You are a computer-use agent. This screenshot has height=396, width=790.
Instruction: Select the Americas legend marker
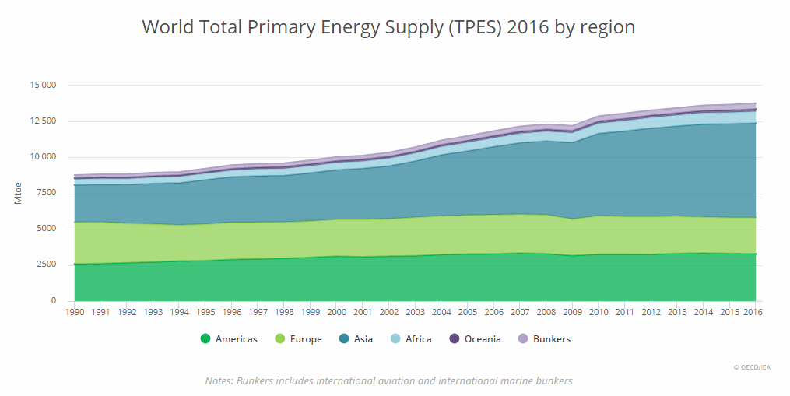pyautogui.click(x=205, y=339)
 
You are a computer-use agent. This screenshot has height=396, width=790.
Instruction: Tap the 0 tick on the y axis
pyautogui.click(x=54, y=301)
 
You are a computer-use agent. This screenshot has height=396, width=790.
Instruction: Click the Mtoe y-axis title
pyautogui.click(x=18, y=193)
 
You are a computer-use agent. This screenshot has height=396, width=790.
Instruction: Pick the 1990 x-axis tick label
pyautogui.click(x=75, y=313)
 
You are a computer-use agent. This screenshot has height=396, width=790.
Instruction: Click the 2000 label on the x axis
pyautogui.click(x=335, y=313)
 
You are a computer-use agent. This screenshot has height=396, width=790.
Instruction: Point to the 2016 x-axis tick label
pyautogui.click(x=752, y=313)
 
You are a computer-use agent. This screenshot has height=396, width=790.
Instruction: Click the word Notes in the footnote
pyautogui.click(x=223, y=381)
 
